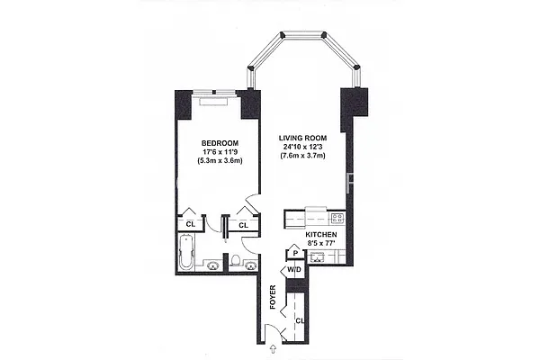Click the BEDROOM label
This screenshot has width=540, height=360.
point(219,143)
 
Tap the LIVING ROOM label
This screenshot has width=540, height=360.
point(303,137)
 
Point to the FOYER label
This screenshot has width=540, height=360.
point(272,298)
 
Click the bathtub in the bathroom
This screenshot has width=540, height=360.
point(187,252)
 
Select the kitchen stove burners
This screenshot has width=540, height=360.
point(337,218)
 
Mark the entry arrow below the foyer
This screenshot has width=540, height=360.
point(273,347)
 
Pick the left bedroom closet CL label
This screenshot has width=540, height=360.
point(191,224)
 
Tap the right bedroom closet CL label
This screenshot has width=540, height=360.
point(244,224)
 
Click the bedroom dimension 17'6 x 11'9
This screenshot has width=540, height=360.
point(219,153)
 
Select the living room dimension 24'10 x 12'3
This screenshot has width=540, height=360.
point(303,147)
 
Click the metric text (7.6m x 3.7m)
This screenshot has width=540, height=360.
point(303,157)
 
